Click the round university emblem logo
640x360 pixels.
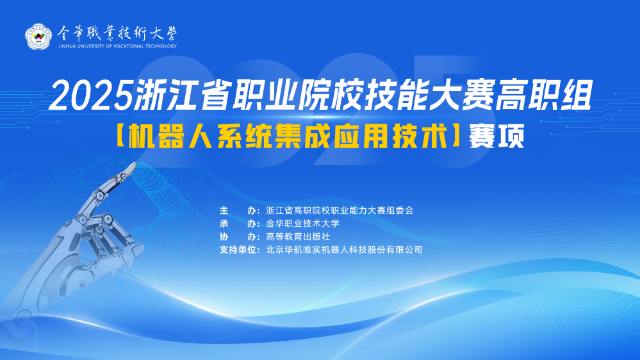pos(38,37)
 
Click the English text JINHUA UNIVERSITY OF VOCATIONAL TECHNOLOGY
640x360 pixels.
pos(117,46)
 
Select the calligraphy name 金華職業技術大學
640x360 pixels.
pos(117,33)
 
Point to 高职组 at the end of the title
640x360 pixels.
pos(544,96)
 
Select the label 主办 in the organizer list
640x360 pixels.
pos(238,211)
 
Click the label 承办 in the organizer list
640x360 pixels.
pos(238,224)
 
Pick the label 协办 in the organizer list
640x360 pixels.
pos(238,237)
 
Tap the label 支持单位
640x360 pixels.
pos(238,250)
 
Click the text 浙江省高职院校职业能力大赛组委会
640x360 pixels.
pos(340,211)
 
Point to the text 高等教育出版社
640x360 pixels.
pos(298,237)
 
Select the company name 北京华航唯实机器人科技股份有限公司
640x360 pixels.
pos(344,250)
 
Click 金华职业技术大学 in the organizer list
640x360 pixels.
pos(302,224)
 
